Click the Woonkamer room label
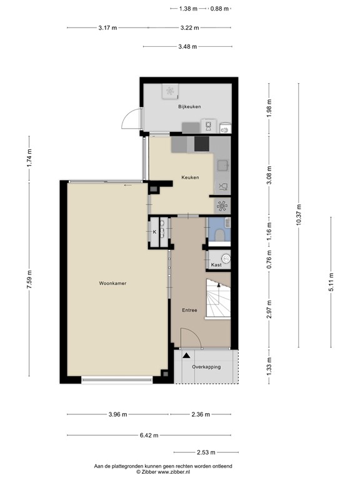[112, 283]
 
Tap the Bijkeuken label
[189, 107]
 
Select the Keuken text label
[190, 177]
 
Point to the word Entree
[189, 310]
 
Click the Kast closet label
[216, 265]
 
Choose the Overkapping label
[206, 367]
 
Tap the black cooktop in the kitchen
[202, 144]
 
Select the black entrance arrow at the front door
[186, 355]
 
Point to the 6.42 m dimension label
[148, 436]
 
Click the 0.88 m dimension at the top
[219, 9]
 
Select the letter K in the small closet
[154, 232]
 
